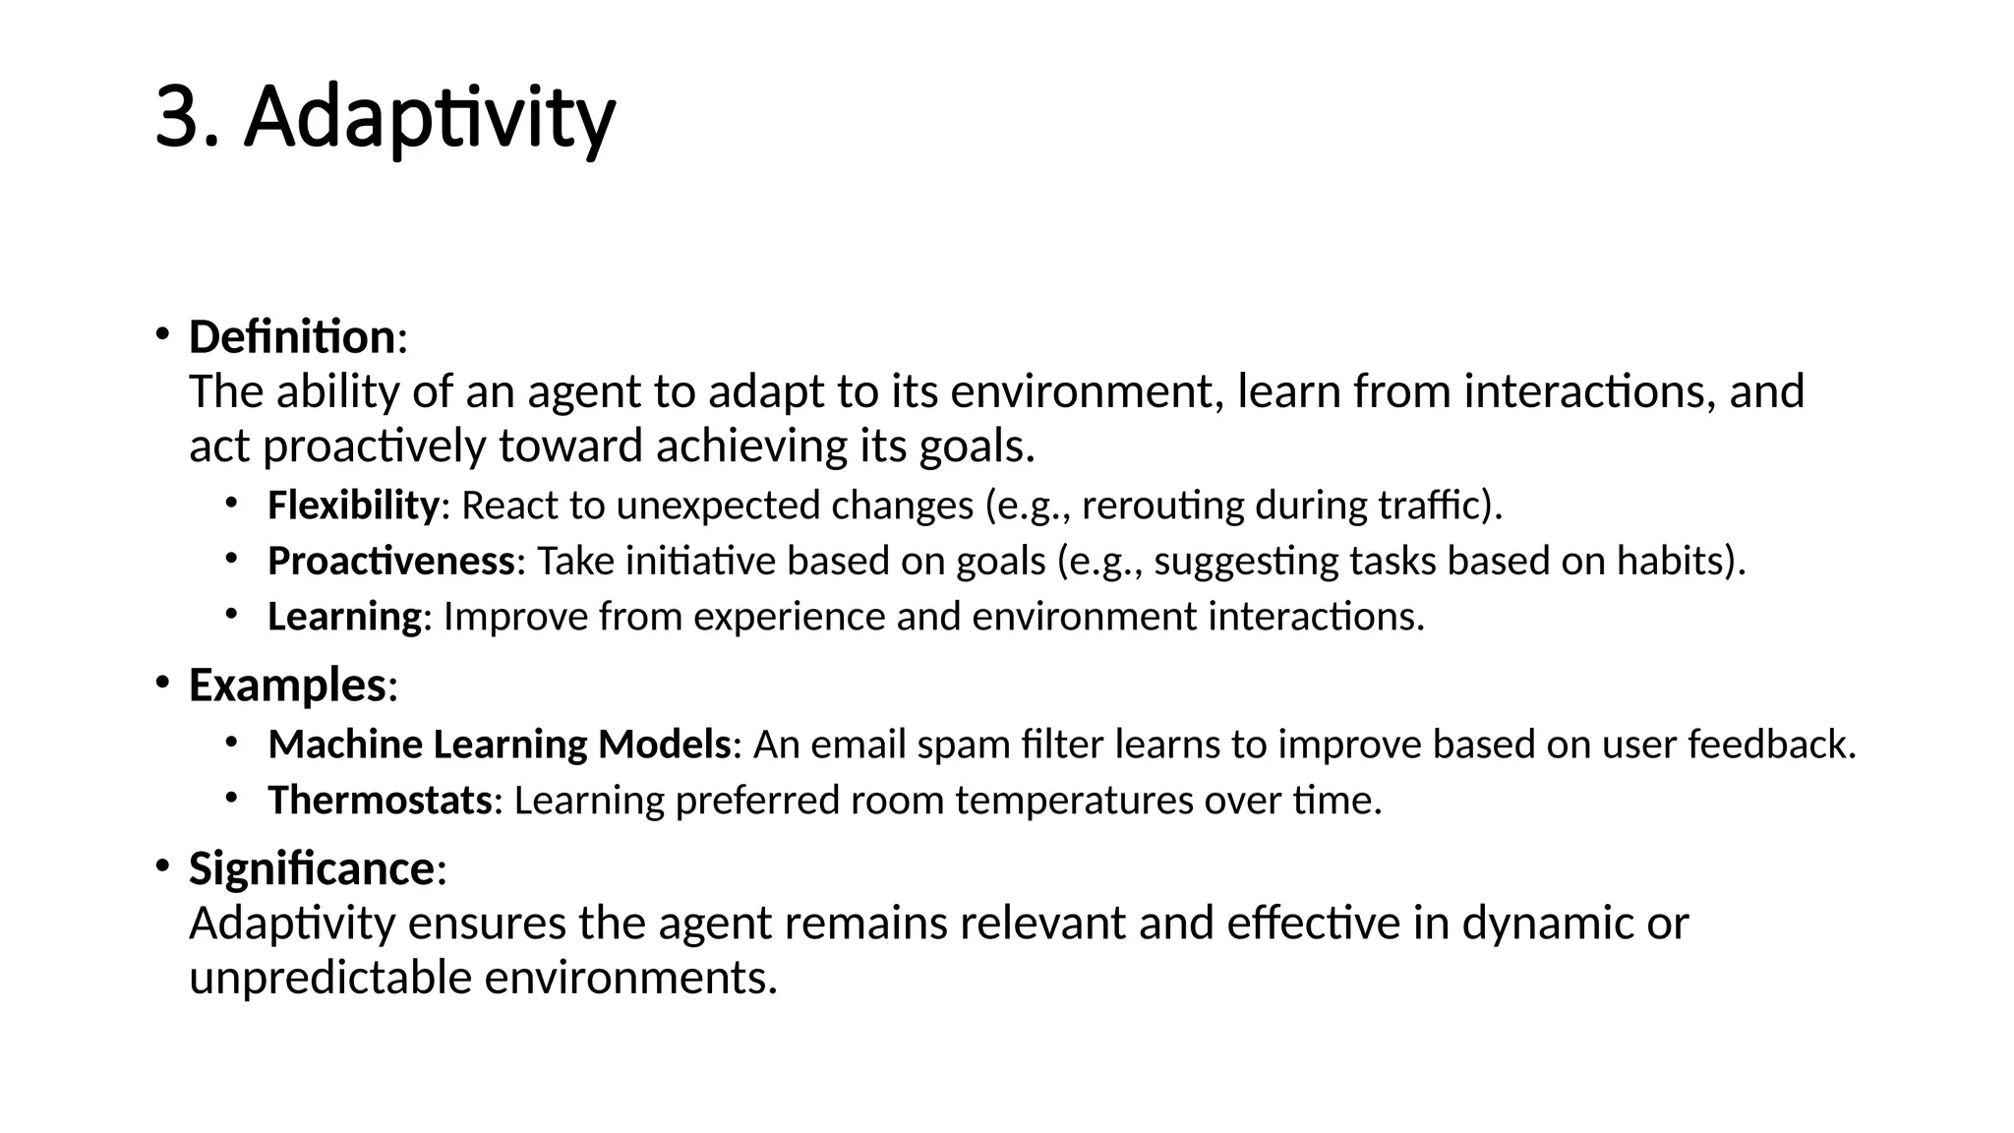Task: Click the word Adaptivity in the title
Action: [430, 119]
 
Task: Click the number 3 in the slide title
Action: [183, 119]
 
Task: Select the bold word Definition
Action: [291, 337]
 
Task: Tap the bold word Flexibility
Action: [353, 506]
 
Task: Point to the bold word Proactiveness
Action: [390, 562]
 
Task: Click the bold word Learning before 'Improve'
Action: [344, 618]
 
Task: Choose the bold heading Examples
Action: [287, 685]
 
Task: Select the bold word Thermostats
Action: [380, 801]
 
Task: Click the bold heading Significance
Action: [312, 868]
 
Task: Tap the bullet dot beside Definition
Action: [162, 333]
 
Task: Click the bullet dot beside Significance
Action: [162, 865]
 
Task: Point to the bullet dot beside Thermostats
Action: [231, 797]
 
